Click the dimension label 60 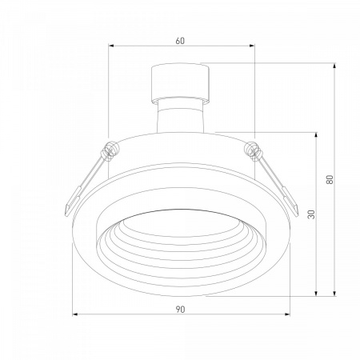(x=180, y=41)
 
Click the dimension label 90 (x=180, y=310)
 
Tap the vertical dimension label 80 (x=330, y=179)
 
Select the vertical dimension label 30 (x=311, y=214)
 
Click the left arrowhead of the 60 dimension (x=111, y=46)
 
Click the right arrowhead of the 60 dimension (x=252, y=46)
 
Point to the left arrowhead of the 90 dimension (x=75, y=314)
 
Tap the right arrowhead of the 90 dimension (x=287, y=314)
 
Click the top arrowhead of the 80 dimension (x=334, y=66)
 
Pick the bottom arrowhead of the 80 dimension (x=334, y=294)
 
